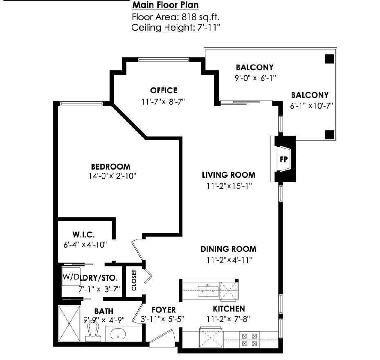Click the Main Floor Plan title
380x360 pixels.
(165, 5)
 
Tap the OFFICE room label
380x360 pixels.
(164, 90)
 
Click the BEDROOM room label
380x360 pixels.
(110, 167)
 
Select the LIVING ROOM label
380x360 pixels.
(228, 175)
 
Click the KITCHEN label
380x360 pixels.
(228, 309)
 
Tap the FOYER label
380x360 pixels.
(163, 310)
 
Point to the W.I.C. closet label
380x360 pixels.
(84, 235)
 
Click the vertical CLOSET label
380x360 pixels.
(134, 280)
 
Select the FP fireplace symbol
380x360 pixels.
(283, 159)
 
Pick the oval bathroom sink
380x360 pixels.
(119, 334)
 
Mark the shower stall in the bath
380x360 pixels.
(70, 323)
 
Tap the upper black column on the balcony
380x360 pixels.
(329, 59)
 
